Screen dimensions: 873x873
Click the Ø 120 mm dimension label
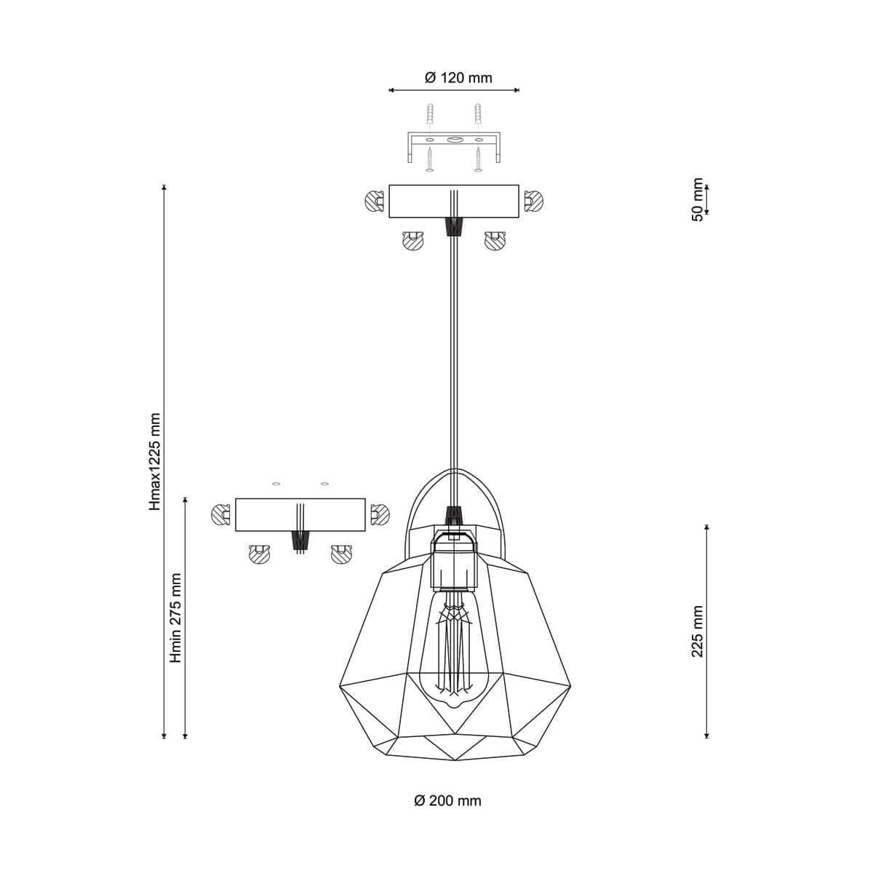458,78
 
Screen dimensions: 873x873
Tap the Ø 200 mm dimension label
447,801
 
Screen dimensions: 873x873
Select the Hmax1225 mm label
155,462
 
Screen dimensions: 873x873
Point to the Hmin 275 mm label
175,618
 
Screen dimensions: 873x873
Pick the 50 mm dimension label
698,199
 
